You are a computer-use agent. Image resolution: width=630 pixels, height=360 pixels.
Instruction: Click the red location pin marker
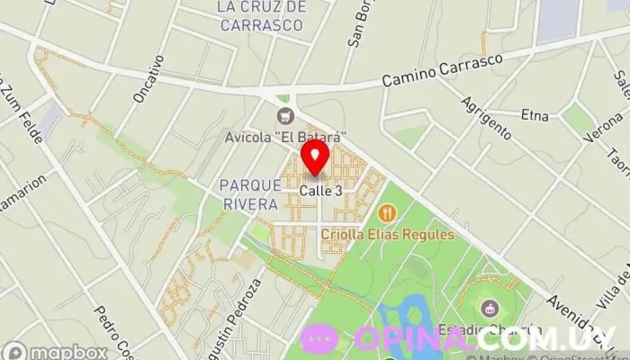(314, 157)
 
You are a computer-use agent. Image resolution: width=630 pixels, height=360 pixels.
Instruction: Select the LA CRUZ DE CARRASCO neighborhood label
(262, 16)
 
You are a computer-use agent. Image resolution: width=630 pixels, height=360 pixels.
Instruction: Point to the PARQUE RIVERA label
(247, 193)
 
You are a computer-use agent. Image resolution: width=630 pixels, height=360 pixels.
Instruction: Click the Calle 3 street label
(320, 191)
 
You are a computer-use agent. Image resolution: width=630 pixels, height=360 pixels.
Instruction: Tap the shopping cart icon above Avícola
(286, 115)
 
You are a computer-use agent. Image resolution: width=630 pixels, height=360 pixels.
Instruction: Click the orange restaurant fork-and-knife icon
(388, 213)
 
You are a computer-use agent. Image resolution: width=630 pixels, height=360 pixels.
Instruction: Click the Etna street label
(535, 114)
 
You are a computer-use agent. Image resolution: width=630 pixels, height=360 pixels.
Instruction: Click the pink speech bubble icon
(320, 338)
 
